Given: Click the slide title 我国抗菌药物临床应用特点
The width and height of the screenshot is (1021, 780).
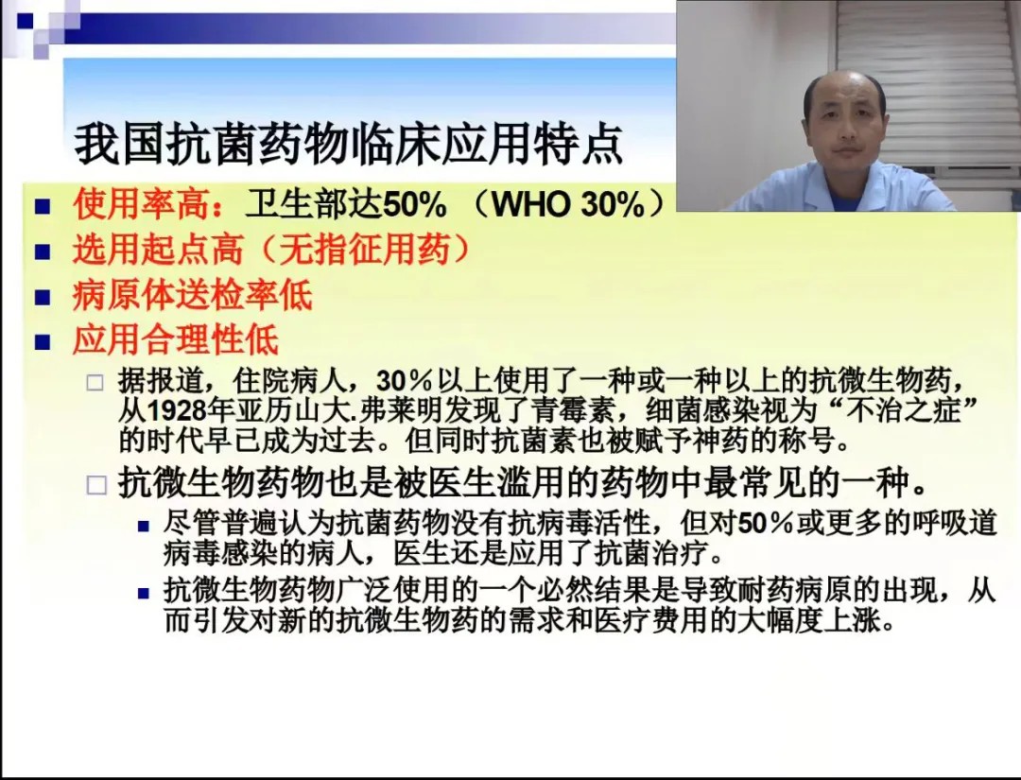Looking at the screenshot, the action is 349,144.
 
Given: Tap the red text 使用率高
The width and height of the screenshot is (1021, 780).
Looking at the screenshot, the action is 142,205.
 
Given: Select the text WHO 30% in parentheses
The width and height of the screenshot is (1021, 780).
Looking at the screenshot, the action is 568,205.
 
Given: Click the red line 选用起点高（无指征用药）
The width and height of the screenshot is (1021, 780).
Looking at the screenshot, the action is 272,250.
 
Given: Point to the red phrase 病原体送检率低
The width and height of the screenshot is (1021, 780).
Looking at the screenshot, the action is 193,295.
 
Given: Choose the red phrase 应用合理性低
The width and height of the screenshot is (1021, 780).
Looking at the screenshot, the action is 176,339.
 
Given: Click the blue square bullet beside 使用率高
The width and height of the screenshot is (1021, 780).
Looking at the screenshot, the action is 43,207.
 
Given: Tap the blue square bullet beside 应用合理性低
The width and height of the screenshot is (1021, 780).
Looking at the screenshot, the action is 43,341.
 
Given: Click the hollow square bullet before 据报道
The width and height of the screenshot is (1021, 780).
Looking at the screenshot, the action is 95,382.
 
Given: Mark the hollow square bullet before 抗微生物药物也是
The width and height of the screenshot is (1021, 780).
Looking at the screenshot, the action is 96,485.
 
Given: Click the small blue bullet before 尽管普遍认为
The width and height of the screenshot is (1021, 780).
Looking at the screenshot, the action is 144,526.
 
